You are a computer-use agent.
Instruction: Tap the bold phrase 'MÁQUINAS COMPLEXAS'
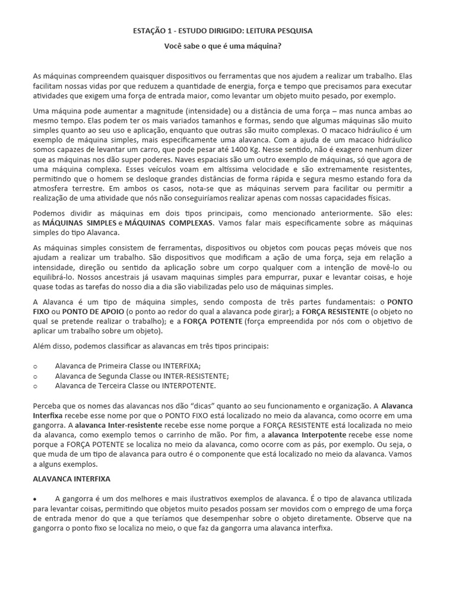pos(168,221)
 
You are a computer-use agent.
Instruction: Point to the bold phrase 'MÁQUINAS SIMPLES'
pos(80,221)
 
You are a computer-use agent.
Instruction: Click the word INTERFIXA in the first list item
pos(181,366)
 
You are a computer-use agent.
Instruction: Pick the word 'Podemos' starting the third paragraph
pos(49,212)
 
